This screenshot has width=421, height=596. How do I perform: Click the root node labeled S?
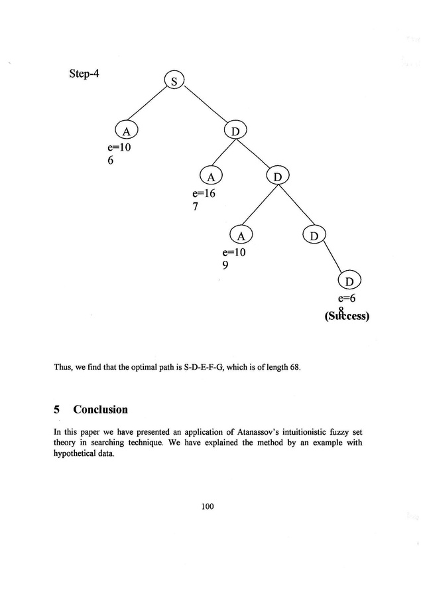pyautogui.click(x=174, y=82)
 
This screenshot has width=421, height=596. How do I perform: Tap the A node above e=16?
pyautogui.click(x=211, y=177)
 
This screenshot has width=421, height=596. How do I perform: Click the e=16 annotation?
pyautogui.click(x=204, y=194)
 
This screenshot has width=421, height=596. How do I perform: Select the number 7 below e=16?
pyautogui.click(x=196, y=207)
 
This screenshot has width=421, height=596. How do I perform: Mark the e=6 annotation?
pyautogui.click(x=348, y=299)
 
